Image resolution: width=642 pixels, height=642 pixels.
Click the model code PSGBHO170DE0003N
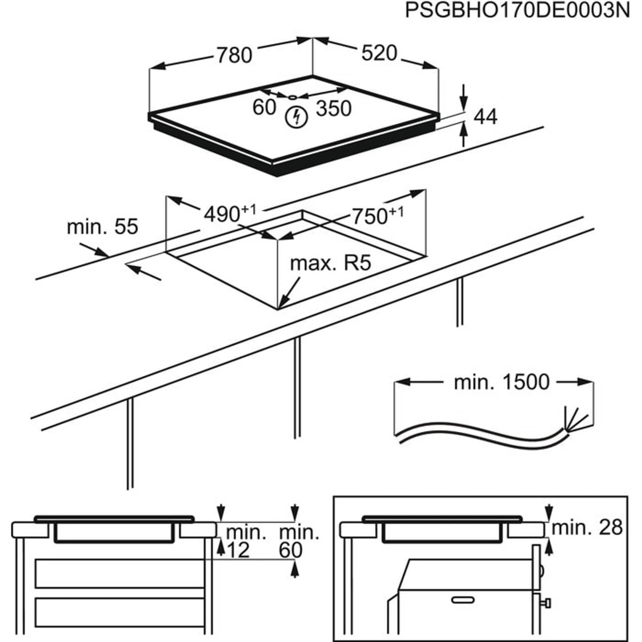(517, 11)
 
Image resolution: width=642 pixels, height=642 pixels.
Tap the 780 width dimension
(234, 56)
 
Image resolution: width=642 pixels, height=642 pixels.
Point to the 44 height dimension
(486, 117)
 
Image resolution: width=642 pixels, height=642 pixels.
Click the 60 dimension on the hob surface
(264, 107)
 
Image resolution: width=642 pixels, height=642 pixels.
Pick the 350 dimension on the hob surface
(333, 109)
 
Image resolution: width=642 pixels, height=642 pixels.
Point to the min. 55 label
(102, 227)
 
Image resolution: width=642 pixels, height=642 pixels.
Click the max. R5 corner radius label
(330, 263)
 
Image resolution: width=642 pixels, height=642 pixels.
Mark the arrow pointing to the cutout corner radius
(289, 294)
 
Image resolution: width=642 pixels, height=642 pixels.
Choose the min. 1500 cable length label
(501, 382)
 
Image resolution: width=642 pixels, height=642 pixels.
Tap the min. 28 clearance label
(587, 528)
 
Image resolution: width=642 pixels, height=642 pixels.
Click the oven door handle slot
(463, 600)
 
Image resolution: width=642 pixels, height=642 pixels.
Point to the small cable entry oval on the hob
(292, 97)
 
